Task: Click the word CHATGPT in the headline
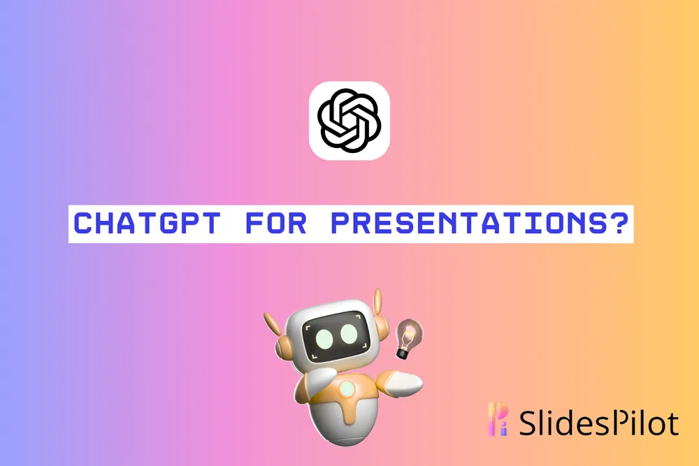147,223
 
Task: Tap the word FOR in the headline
276,223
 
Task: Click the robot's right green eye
349,334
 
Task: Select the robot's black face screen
336,335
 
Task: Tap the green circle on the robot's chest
347,389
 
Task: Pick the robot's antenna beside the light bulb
378,303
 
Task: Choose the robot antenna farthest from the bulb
272,325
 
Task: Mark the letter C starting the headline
84,223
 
